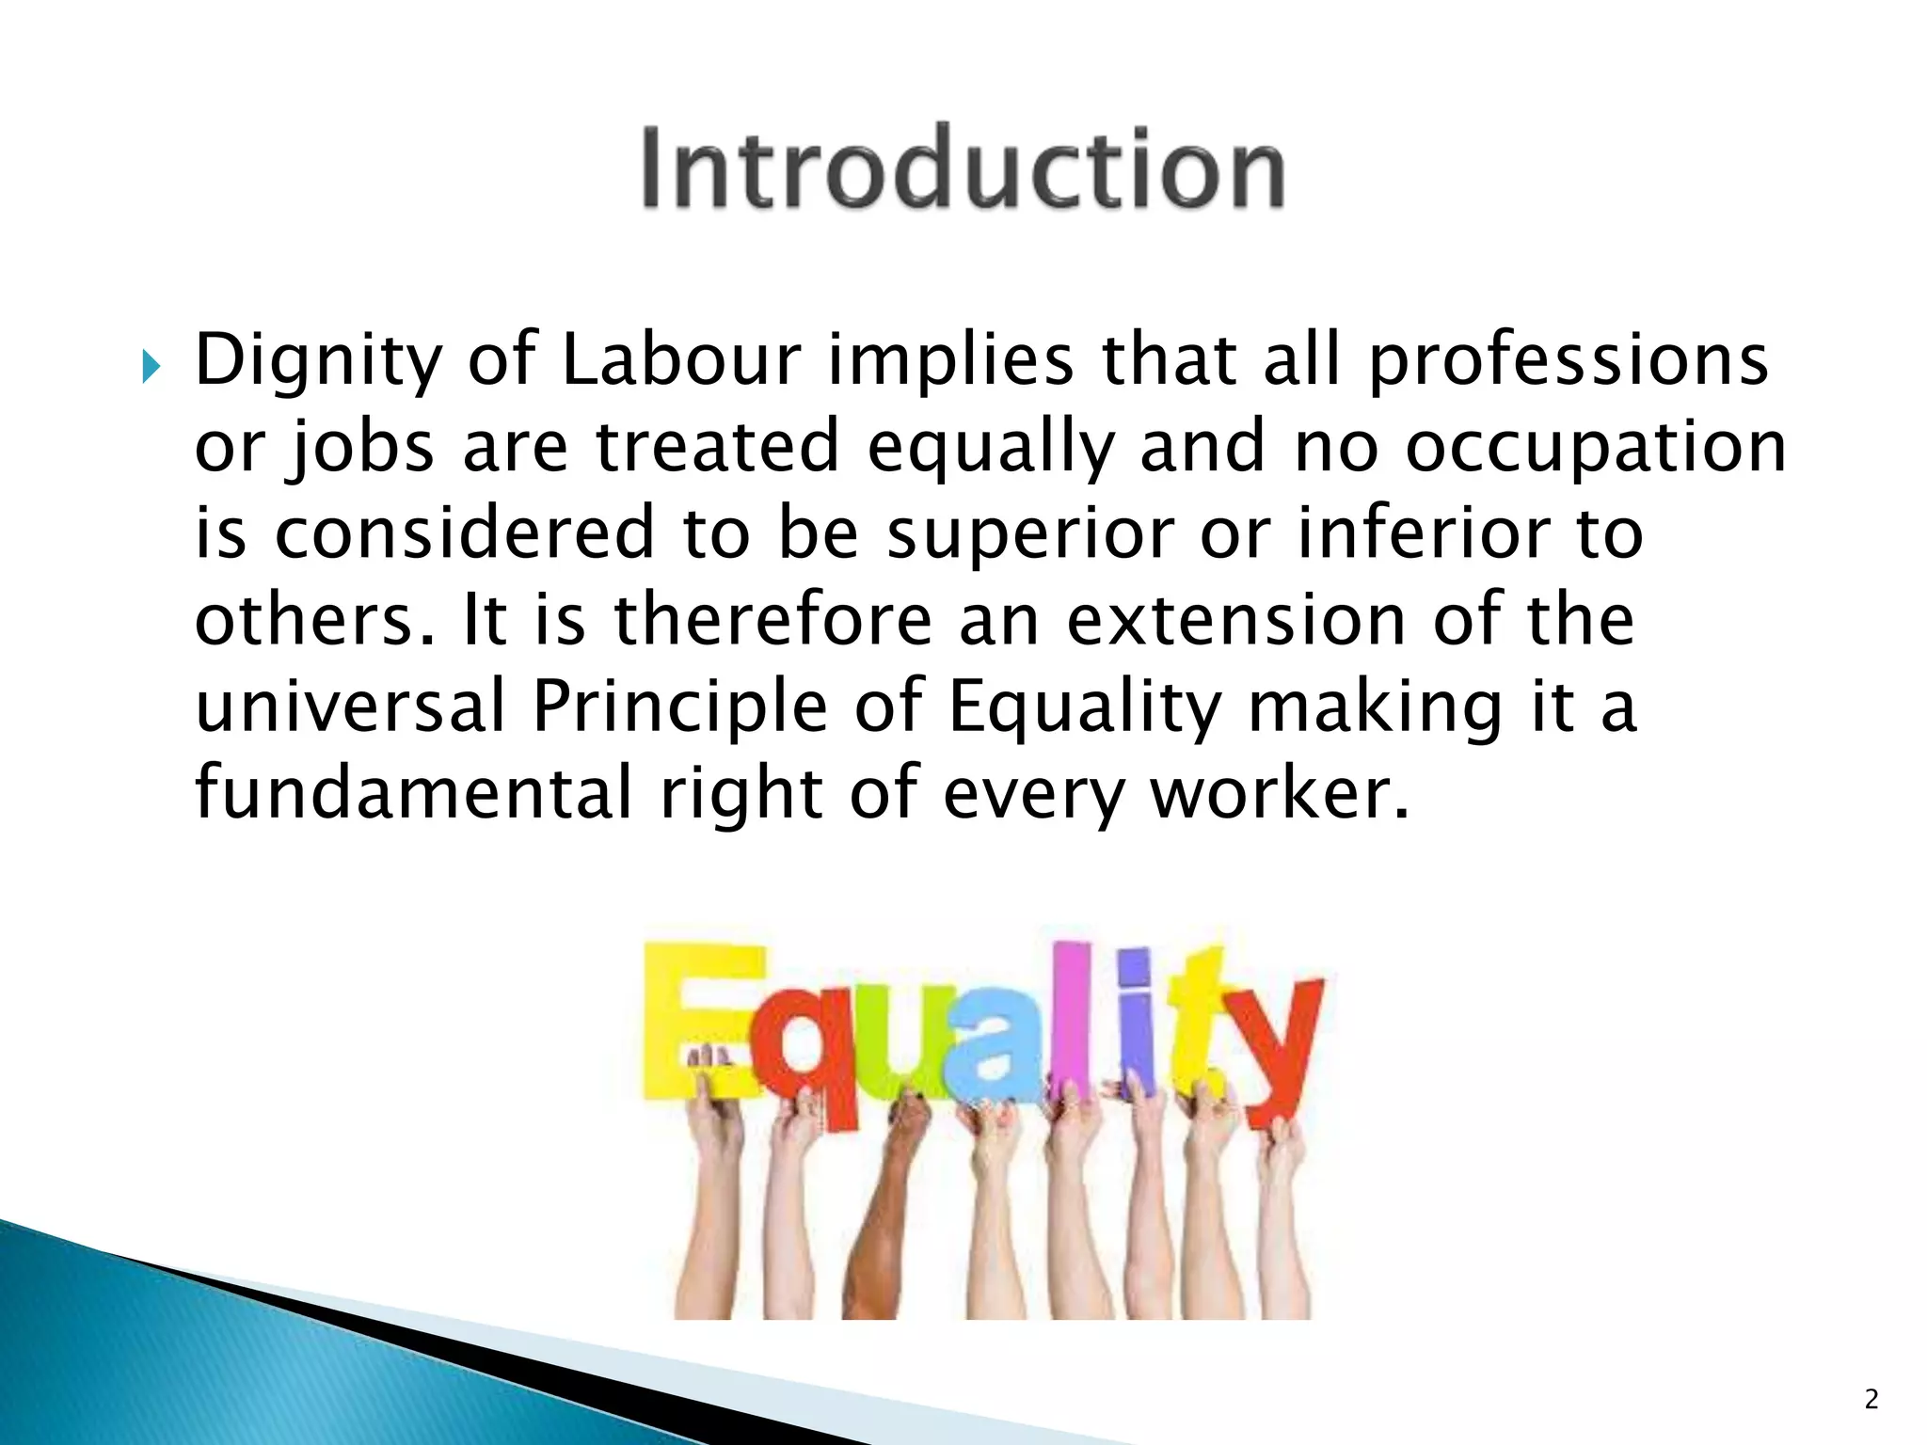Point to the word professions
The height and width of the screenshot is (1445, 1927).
(1568, 362)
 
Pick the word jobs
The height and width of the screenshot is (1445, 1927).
(359, 448)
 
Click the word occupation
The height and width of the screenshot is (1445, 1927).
(1595, 448)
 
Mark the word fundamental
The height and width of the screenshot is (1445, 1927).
(414, 793)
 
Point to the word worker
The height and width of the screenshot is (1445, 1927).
(1280, 793)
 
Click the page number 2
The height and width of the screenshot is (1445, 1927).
(1871, 1400)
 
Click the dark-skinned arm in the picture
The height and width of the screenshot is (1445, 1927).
(880, 1223)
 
